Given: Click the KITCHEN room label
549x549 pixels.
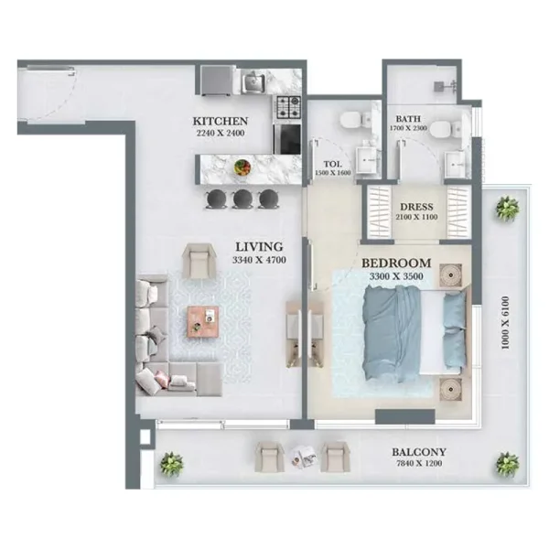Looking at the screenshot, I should (220, 122).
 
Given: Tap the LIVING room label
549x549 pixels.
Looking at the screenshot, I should (259, 246).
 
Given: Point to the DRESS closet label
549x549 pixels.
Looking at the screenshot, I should (416, 208).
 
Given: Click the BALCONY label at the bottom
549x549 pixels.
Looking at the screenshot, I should (418, 452).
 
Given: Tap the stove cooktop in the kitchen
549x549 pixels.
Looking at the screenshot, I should (289, 106).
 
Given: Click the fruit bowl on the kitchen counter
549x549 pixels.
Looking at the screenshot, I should (243, 167).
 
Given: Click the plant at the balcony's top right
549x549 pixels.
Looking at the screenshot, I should (506, 210).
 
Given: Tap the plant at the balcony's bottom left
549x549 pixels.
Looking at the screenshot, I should (170, 464).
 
